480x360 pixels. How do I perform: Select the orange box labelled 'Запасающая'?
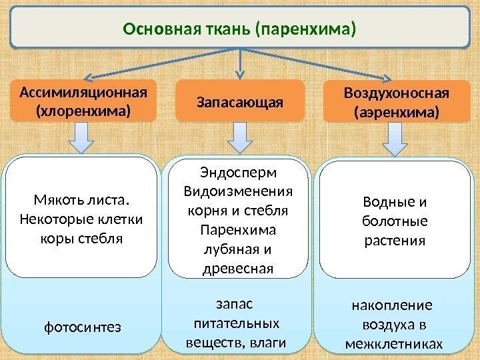coord(239,101)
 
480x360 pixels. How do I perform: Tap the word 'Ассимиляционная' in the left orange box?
coord(83,91)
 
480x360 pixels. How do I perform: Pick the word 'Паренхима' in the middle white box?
coord(239,231)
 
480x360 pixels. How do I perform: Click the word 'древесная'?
coord(239,269)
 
